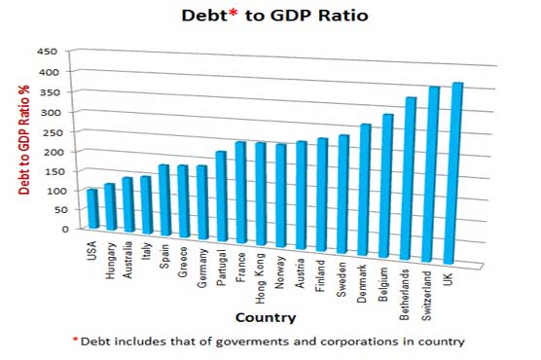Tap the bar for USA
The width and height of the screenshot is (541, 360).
92,209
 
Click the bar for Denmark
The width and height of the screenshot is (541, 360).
366,191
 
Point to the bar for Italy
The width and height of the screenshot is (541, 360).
146,205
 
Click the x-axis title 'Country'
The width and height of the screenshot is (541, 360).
267,317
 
